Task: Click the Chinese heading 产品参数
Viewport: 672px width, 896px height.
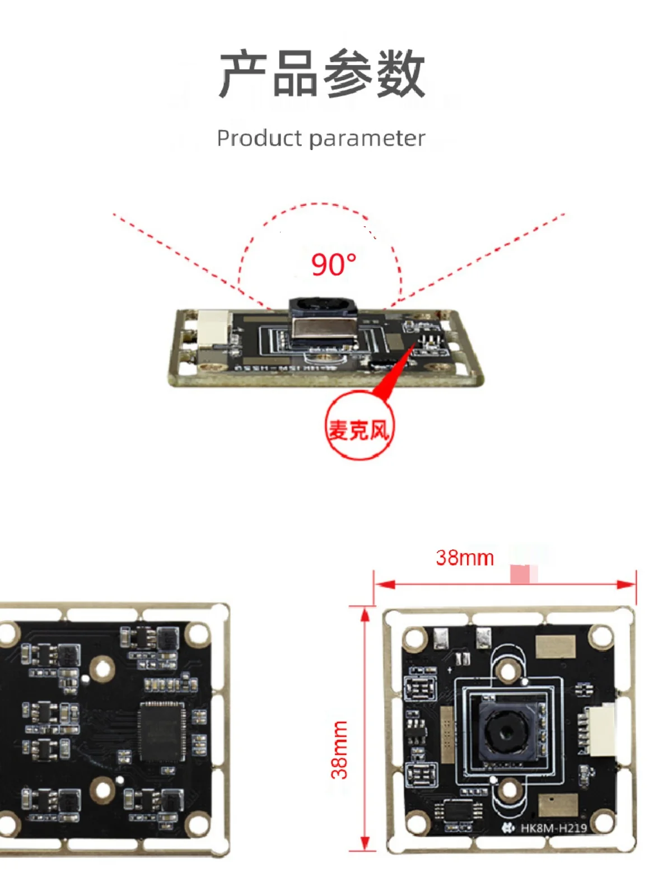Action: pos(322,73)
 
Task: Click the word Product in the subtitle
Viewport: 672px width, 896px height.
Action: pos(259,138)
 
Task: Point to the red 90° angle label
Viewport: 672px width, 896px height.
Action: pos(334,264)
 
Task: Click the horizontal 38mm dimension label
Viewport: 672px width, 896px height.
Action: pos(465,558)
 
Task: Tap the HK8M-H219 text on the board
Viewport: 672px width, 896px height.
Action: pos(553,828)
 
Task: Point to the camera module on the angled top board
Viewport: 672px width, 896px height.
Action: pos(323,323)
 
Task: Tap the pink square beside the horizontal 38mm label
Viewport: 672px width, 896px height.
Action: pos(520,574)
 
